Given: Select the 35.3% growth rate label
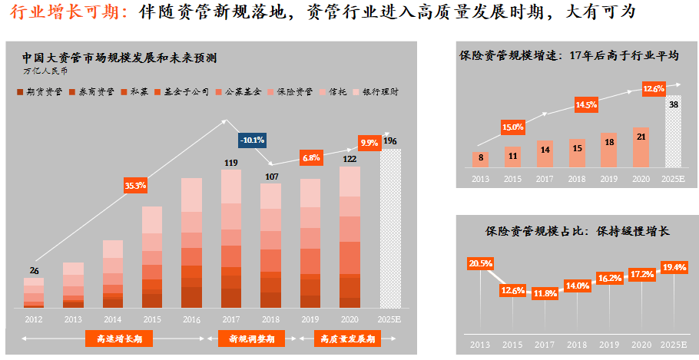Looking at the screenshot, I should tap(135, 185).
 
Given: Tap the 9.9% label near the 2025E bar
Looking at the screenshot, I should tap(369, 143).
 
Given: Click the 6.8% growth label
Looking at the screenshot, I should tap(311, 157).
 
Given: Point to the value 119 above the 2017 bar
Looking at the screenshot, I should tap(230, 163).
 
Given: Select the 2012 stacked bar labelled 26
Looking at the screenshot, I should tap(34, 292).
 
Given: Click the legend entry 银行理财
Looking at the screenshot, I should tap(378, 91).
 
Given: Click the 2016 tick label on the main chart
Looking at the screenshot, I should tap(191, 318).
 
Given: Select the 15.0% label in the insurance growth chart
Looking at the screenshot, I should tap(512, 127).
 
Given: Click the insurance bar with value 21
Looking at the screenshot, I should tap(640, 147).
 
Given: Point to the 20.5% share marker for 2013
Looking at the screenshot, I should tap(480, 263).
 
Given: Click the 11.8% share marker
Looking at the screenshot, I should tap(545, 293).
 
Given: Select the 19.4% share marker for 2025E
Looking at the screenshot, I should tap(673, 267).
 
